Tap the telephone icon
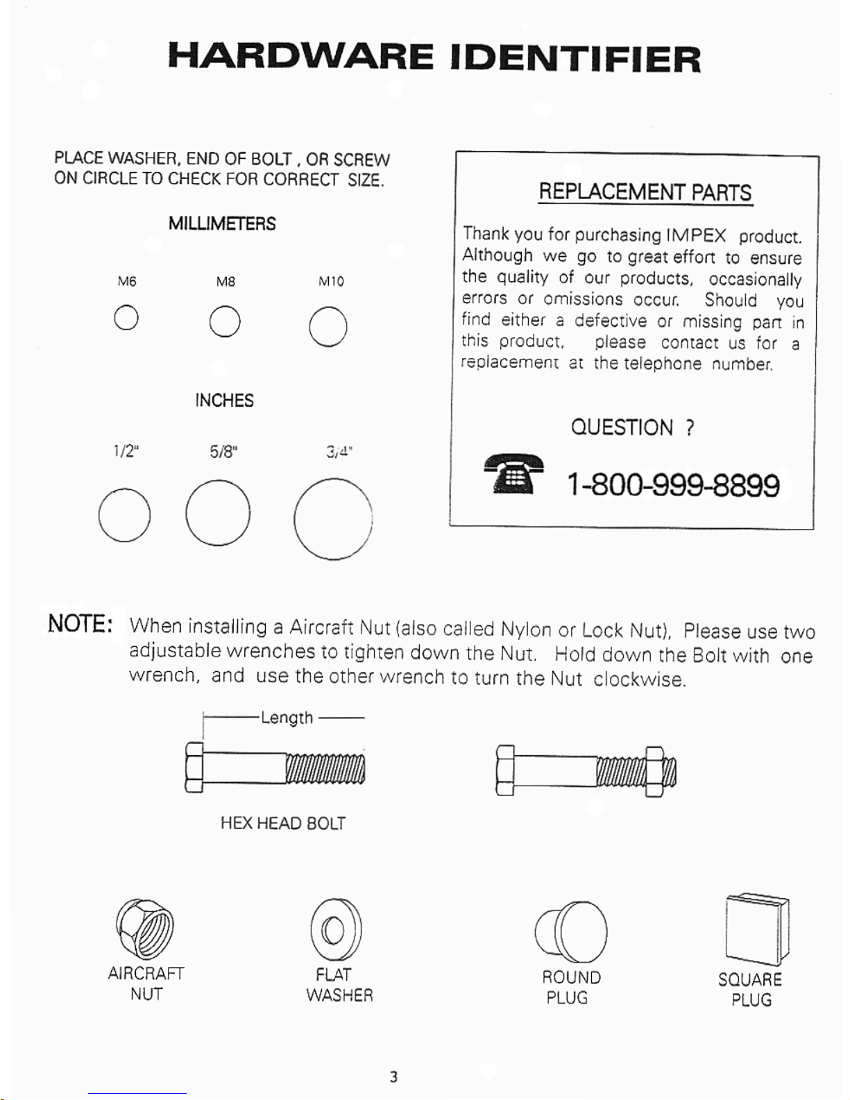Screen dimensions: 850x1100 (x=514, y=473)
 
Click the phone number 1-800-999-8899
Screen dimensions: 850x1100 (x=673, y=484)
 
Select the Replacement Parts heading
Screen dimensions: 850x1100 (x=645, y=192)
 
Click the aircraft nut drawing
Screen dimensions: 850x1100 (x=145, y=929)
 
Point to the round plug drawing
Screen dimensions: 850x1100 (x=570, y=932)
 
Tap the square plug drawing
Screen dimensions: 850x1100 (x=758, y=931)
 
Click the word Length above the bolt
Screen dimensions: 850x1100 (x=287, y=718)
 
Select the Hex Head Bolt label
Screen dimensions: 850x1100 (x=283, y=824)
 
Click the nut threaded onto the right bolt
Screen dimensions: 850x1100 (x=654, y=772)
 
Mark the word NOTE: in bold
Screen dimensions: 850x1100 (x=80, y=624)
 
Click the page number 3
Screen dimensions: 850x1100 (x=393, y=1076)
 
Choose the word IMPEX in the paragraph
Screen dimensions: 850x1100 (x=696, y=235)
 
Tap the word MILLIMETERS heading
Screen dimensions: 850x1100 (x=222, y=223)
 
